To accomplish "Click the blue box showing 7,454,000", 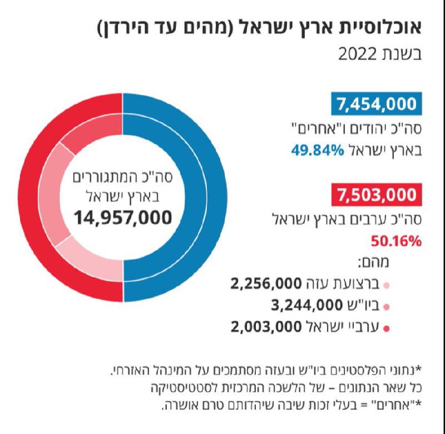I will click(376, 103).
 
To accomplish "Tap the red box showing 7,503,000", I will click(376, 196).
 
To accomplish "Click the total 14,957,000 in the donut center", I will click(123, 217).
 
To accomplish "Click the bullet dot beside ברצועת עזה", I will click(386, 286).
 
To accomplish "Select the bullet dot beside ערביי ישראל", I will click(386, 328).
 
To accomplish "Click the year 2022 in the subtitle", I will click(360, 54).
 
